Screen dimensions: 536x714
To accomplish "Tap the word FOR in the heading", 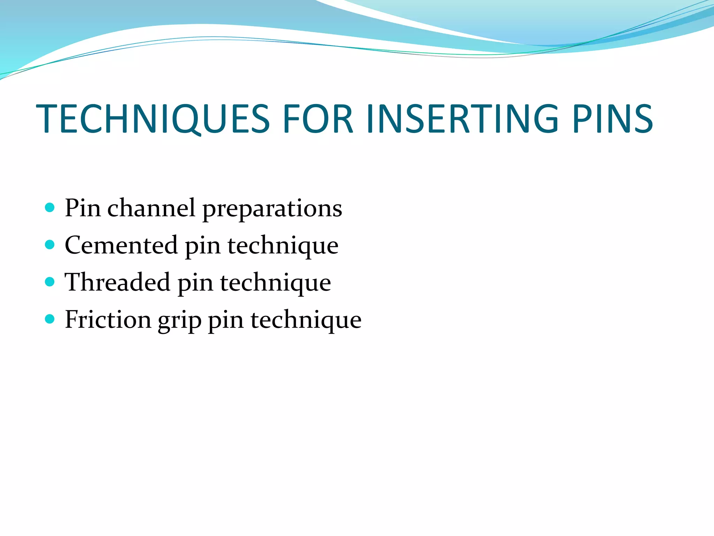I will tap(318, 119).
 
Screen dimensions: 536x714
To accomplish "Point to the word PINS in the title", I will tap(613, 119).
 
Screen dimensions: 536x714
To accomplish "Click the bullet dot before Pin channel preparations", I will tap(50, 208).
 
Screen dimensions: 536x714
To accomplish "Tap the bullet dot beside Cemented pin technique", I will tap(50, 245).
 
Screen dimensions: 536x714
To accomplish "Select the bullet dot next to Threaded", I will tap(50, 282).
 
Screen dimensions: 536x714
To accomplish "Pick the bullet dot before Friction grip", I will tap(50, 319).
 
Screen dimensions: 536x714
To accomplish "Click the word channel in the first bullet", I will tap(151, 208).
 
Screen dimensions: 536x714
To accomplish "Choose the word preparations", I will tap(272, 209).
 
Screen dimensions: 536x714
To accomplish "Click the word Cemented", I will tap(121, 245).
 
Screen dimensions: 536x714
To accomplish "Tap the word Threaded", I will tap(117, 282).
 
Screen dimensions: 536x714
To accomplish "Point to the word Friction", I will tap(108, 319).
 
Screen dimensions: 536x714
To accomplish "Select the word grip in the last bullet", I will tap(180, 321).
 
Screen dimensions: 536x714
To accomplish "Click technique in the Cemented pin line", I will tap(283, 246).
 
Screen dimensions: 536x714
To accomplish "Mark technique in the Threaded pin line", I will tap(275, 283).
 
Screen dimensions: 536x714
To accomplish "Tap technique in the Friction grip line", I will tap(306, 320).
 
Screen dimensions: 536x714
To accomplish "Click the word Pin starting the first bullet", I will tap(83, 208).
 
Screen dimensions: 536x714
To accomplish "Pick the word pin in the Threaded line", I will tap(195, 283).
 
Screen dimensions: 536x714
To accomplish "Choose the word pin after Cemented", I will tap(203, 246).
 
